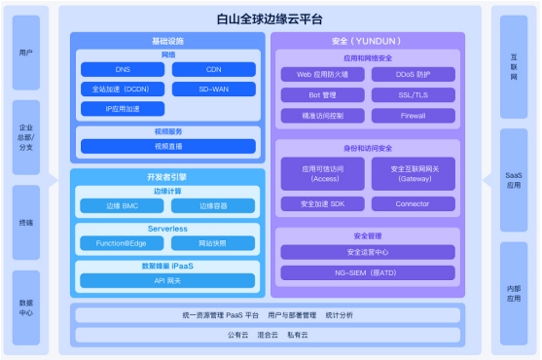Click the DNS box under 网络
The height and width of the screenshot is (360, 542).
122,70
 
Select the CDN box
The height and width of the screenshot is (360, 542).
213,70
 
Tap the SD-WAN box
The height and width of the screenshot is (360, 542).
213,89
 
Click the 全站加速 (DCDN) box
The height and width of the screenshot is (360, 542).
122,89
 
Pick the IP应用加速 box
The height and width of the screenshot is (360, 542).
122,108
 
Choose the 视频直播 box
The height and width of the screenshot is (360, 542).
168,146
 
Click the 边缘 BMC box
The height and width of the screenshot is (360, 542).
122,206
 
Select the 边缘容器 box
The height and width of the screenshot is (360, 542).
213,206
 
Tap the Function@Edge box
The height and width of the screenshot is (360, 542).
122,243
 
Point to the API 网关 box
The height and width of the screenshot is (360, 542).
168,280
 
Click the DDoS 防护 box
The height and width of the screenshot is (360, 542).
413,74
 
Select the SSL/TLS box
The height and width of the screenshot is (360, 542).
413,94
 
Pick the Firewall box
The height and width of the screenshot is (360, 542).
413,115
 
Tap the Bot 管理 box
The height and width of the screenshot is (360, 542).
322,94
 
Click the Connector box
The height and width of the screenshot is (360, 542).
413,204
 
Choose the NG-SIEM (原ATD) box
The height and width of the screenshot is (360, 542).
367,273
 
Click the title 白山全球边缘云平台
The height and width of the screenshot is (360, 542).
270,18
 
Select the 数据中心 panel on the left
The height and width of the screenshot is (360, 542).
27,308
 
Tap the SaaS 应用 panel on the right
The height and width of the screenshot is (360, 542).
513,181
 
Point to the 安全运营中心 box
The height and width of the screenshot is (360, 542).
367,252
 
